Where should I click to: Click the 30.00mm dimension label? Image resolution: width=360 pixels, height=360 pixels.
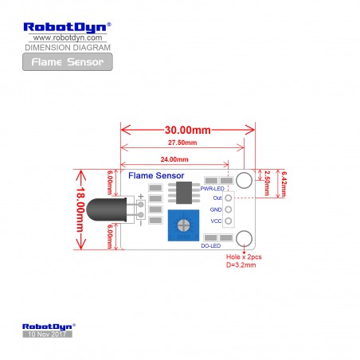point(188,130)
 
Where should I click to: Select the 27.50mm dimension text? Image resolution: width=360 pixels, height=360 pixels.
point(182,143)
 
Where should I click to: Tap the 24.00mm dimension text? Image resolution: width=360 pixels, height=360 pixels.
point(174,159)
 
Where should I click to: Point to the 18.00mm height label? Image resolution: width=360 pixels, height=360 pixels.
point(80,209)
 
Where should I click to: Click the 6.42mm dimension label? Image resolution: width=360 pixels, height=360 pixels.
point(284,184)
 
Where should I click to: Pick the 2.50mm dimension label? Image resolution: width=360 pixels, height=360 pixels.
point(267,183)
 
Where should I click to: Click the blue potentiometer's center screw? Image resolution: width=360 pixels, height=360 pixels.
point(183,225)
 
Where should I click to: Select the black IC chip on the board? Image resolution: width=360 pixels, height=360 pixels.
point(184,193)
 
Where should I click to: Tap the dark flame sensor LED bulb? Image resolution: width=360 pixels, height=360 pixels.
point(106,209)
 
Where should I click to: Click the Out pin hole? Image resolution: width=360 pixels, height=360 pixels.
point(229,198)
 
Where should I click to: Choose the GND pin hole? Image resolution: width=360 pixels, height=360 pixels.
point(229,209)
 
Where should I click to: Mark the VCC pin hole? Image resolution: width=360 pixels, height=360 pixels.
point(229,221)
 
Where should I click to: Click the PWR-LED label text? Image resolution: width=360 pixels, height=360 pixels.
point(213,189)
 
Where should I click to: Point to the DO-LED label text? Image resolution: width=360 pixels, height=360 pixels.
point(211,246)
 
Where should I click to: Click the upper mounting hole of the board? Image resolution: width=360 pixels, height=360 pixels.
point(244,180)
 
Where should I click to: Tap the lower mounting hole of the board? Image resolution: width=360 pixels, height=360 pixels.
point(244,238)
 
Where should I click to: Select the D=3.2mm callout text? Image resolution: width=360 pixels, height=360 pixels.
point(241,265)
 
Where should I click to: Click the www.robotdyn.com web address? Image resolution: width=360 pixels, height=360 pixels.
point(68,37)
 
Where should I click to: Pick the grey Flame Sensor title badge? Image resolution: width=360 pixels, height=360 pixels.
point(68,62)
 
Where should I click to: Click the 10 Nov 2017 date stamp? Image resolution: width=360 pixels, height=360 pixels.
point(47,334)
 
